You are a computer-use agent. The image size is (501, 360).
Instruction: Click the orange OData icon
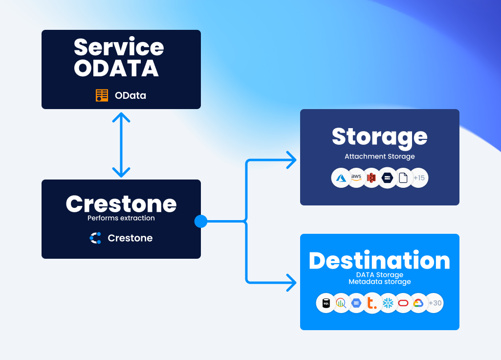click(102, 95)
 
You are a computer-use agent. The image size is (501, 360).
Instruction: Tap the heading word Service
click(119, 47)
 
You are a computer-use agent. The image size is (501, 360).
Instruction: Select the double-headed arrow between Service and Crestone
click(121, 145)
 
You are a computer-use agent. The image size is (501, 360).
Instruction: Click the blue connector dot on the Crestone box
click(201, 222)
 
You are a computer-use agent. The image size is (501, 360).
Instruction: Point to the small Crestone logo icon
click(95, 238)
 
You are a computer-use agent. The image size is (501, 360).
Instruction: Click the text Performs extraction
click(121, 218)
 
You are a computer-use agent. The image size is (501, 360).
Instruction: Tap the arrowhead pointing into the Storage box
click(292, 159)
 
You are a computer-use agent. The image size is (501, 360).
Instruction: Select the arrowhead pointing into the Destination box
click(292, 282)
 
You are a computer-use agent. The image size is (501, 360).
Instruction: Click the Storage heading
click(379, 136)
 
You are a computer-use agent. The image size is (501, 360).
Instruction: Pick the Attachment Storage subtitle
click(380, 157)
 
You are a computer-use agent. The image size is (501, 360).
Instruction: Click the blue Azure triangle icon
click(341, 178)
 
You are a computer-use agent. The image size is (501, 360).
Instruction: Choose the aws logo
click(356, 178)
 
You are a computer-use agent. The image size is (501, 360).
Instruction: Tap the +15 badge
click(419, 178)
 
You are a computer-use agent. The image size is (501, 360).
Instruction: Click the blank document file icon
click(403, 178)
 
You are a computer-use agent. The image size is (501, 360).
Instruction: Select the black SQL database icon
click(326, 303)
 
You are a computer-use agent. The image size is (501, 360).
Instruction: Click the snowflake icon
click(388, 303)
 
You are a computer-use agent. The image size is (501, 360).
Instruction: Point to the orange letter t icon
click(372, 303)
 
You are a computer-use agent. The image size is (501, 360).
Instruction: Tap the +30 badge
click(435, 303)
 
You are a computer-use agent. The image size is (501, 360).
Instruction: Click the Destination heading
click(379, 261)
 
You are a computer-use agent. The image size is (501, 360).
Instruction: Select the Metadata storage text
click(380, 282)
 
